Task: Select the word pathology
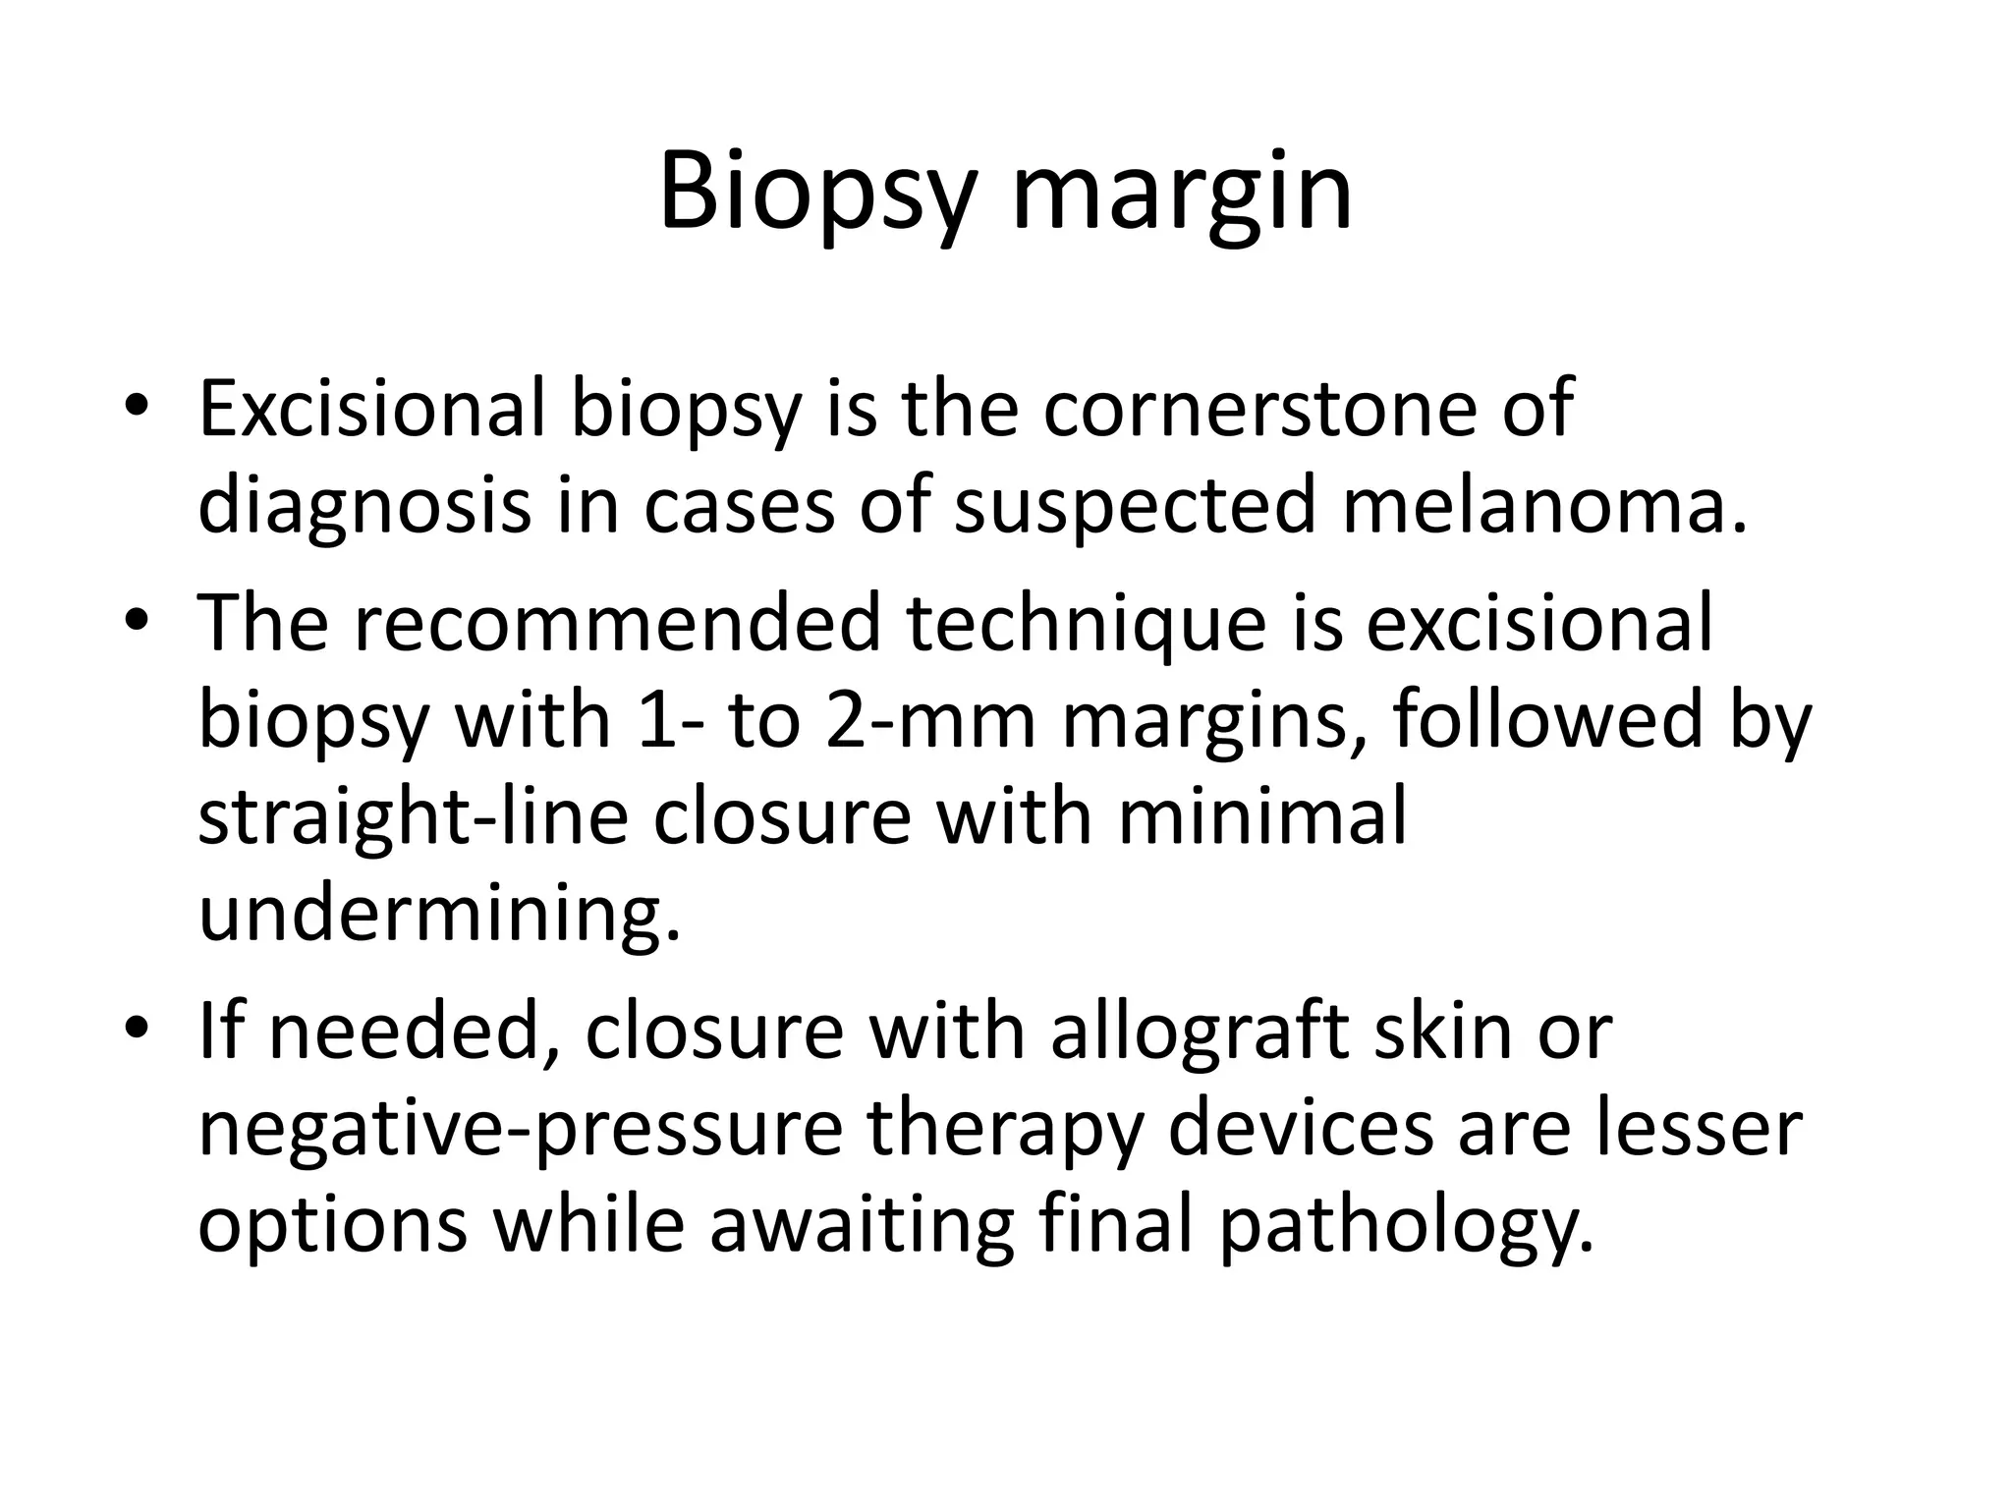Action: tap(1407, 1225)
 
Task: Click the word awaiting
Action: tap(862, 1225)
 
